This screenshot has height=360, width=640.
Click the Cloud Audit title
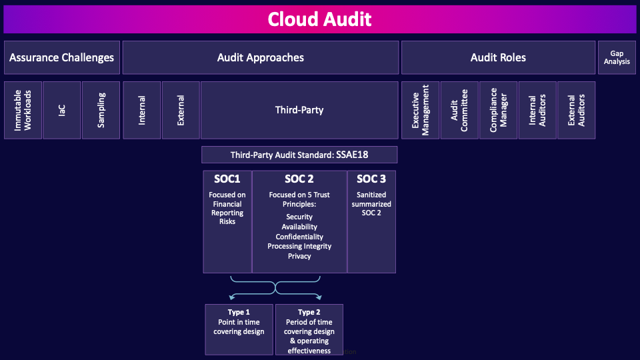(x=319, y=19)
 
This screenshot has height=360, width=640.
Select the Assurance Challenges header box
(x=61, y=57)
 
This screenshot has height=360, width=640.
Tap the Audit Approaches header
(x=261, y=57)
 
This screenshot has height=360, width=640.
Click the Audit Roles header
(x=498, y=57)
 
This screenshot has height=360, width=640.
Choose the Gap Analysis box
(x=617, y=57)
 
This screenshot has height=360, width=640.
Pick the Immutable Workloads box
(x=23, y=110)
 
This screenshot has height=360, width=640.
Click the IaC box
(x=62, y=110)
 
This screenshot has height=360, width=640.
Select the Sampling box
(x=101, y=110)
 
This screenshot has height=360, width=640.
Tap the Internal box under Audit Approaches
(x=142, y=110)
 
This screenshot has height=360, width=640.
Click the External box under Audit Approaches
(x=181, y=110)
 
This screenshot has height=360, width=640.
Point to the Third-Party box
(x=299, y=110)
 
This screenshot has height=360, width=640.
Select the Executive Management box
(x=420, y=110)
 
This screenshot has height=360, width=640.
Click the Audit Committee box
(x=459, y=110)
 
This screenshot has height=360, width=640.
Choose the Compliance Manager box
(x=498, y=110)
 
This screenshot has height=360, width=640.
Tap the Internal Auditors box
(x=537, y=110)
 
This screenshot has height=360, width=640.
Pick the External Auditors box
(x=576, y=110)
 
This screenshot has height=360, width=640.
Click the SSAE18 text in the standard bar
(x=352, y=155)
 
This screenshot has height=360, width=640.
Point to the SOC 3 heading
(x=371, y=179)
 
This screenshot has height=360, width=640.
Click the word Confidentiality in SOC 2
(x=299, y=237)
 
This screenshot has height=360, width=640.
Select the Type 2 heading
(x=309, y=312)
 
